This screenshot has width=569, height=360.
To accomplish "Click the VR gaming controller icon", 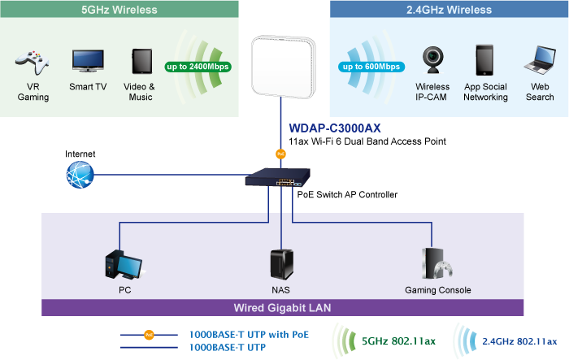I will coord(32,63).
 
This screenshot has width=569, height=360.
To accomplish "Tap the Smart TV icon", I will coord(87,61).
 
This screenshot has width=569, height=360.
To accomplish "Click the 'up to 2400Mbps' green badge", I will coord(198,66).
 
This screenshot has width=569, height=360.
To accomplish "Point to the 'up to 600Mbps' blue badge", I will coord(370,66).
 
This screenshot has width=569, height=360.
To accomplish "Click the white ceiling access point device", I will coord(281,65).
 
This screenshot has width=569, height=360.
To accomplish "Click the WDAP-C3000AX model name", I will coord(335,128).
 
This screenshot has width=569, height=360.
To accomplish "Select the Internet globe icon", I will coord(80,174).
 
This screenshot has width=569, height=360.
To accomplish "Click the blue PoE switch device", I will coord(281,176).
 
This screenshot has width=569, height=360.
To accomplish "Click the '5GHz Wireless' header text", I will coord(120,10).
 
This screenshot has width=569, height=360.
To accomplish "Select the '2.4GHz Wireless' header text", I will coord(449,10).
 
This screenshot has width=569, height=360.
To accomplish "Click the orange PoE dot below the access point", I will coord(281,153).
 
